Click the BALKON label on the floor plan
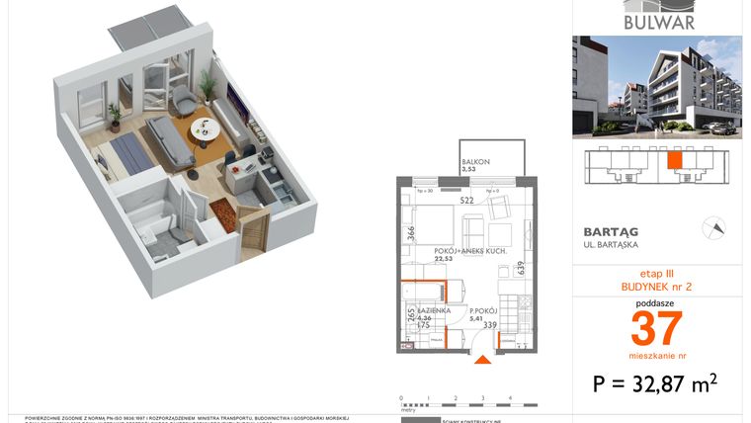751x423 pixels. coord(473,163)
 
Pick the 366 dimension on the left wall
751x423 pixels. coord(410,234)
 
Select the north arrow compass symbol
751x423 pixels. coord(711,228)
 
